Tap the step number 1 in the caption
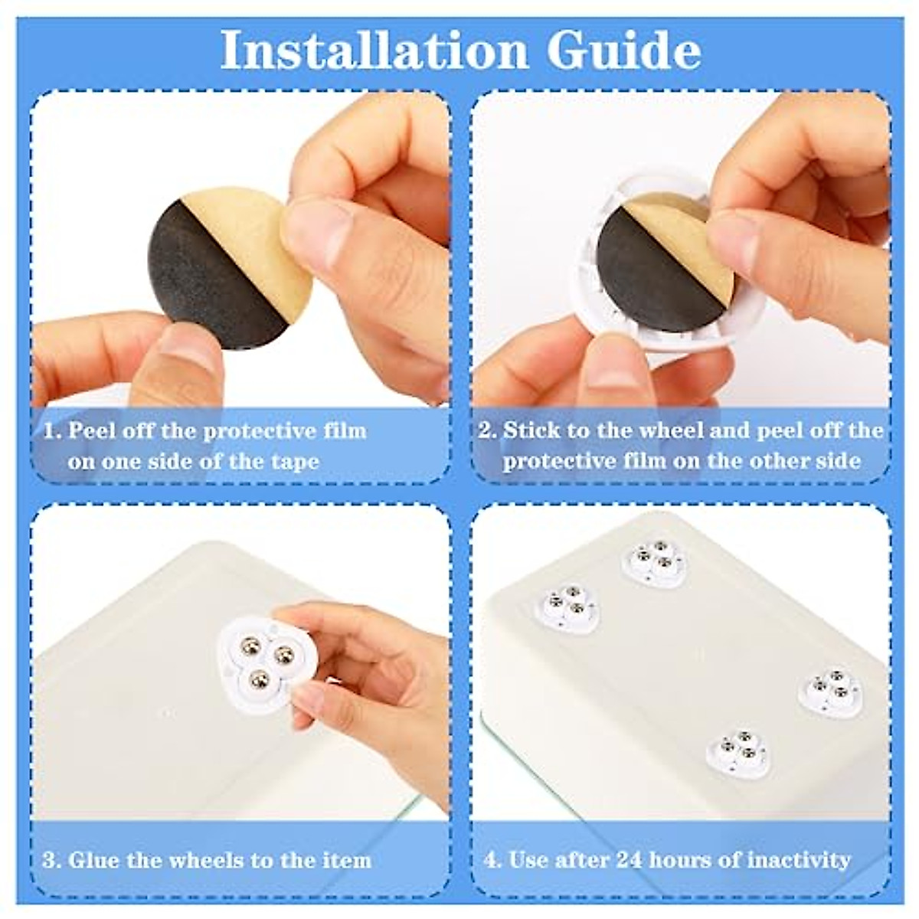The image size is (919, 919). click(x=51, y=430)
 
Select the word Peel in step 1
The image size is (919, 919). click(x=90, y=430)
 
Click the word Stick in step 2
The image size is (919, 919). click(x=528, y=430)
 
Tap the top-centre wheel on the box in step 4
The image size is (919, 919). click(x=656, y=564)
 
